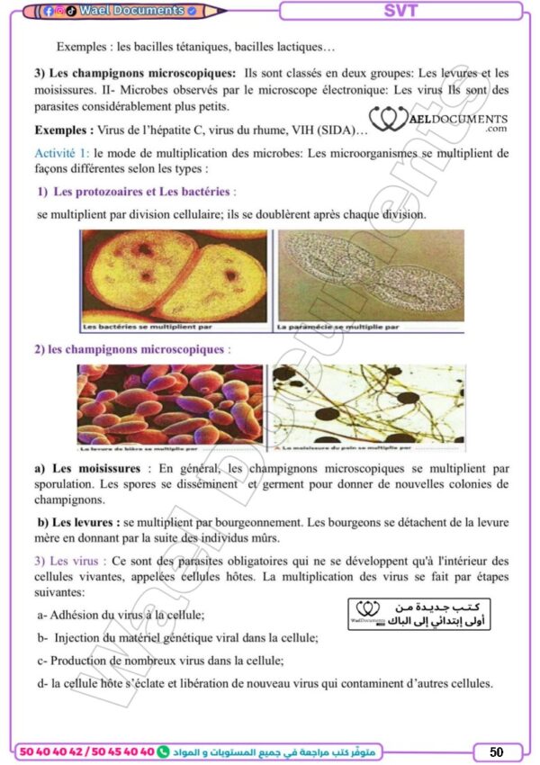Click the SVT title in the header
[x=400, y=11]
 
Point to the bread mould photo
[x=367, y=405]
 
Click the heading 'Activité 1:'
[x=61, y=153]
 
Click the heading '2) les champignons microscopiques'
[x=129, y=349]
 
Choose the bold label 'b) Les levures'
[x=78, y=522]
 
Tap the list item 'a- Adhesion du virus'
[x=121, y=615]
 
